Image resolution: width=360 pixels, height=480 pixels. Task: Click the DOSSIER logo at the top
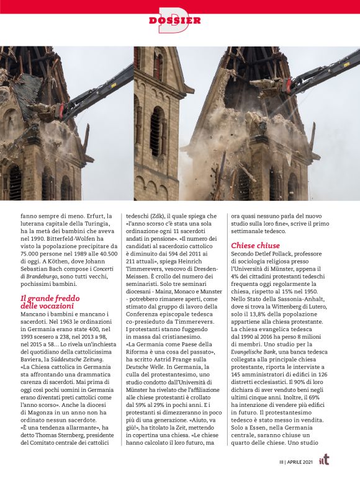click(x=175, y=20)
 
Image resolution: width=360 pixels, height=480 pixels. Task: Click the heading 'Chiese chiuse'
click(x=255, y=246)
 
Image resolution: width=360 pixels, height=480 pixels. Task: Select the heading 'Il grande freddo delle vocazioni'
click(x=47, y=301)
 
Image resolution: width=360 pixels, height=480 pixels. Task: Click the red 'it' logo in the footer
click(x=324, y=460)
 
